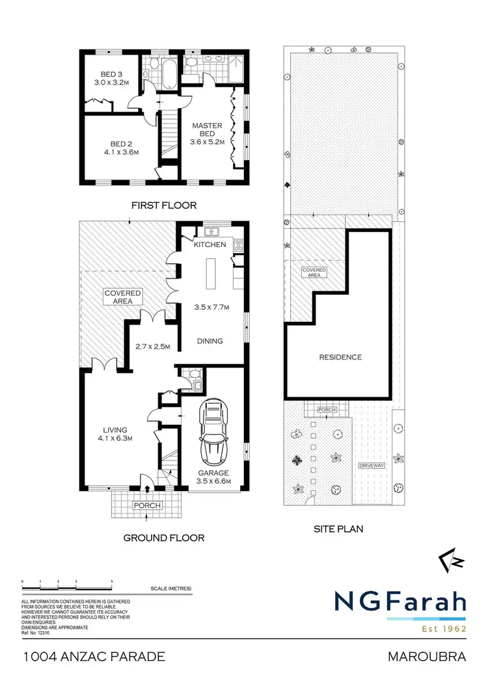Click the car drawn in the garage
214,432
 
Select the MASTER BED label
207,130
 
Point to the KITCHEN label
210,245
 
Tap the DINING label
210,341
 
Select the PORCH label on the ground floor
146,505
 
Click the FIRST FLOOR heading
164,206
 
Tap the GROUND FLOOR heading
163,538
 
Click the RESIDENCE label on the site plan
340,357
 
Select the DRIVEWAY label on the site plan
372,466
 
